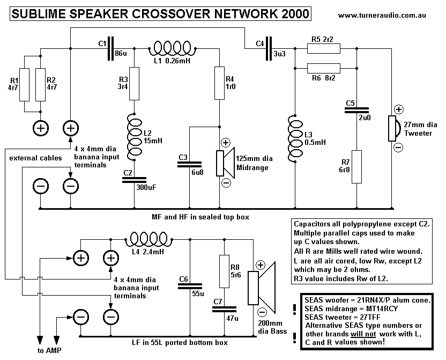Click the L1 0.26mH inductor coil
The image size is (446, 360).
[x=175, y=48]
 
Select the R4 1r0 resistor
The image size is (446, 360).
[x=220, y=83]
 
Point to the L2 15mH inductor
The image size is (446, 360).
[x=133, y=135]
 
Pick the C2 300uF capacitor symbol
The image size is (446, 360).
[x=133, y=180]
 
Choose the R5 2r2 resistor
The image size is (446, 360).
[x=323, y=49]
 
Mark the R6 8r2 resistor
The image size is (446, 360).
[x=323, y=68]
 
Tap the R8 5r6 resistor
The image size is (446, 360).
[x=225, y=271]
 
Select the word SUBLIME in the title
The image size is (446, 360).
[x=38, y=14]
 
